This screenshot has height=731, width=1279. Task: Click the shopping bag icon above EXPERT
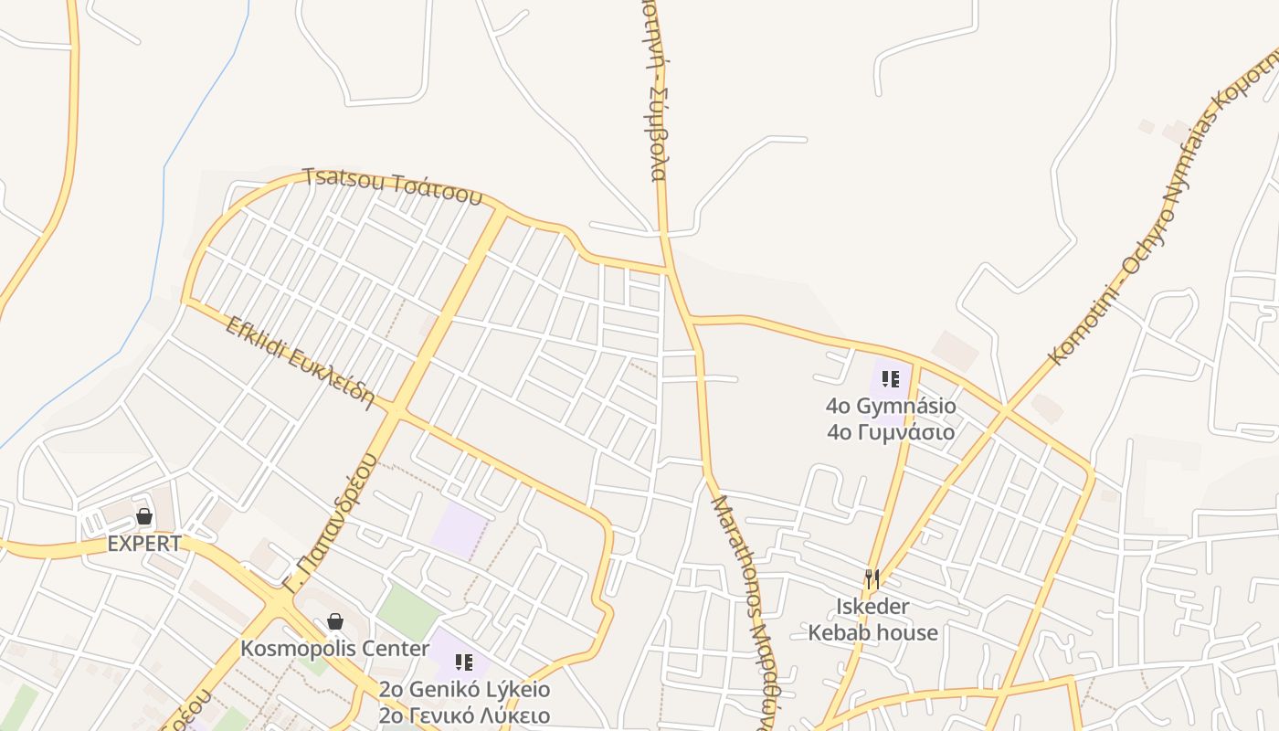(x=143, y=516)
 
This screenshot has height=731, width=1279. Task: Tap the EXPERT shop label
(x=144, y=544)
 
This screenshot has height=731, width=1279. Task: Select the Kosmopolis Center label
(x=334, y=649)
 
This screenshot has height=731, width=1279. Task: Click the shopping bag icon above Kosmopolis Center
(x=335, y=621)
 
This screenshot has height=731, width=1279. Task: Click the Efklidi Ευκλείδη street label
(x=301, y=362)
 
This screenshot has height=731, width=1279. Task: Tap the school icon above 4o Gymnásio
(x=891, y=378)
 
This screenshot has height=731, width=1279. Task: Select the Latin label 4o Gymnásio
(x=891, y=406)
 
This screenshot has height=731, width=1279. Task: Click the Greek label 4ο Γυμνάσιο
(x=891, y=432)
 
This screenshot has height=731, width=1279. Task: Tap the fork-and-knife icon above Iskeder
(x=872, y=579)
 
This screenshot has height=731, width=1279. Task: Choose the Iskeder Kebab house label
(x=872, y=620)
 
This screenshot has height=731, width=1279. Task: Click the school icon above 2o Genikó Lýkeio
(x=464, y=662)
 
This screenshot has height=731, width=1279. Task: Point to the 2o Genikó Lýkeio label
(x=464, y=689)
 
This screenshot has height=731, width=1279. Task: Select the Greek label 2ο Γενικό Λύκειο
(x=464, y=715)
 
